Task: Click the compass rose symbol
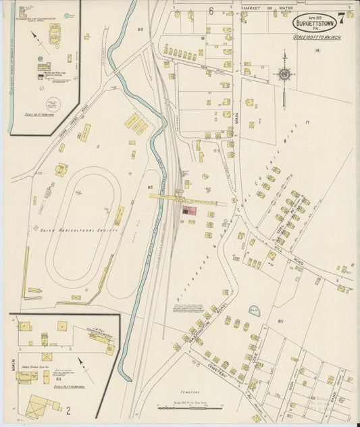(x=284, y=74)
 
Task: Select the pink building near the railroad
(x=191, y=211)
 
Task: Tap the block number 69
(x=140, y=30)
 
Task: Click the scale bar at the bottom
(x=189, y=407)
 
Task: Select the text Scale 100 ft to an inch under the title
(x=317, y=36)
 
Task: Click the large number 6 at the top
(x=211, y=11)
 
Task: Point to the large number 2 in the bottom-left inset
(x=68, y=409)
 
